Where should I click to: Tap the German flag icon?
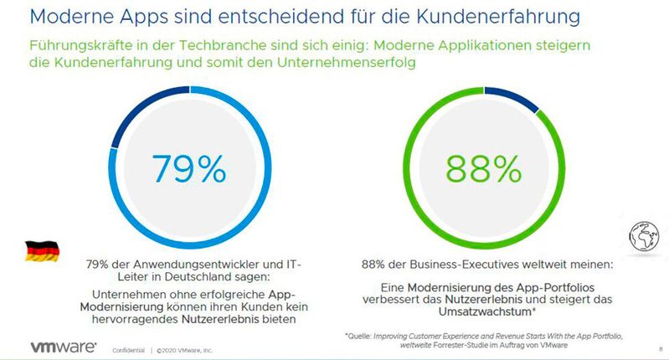(x=39, y=249)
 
